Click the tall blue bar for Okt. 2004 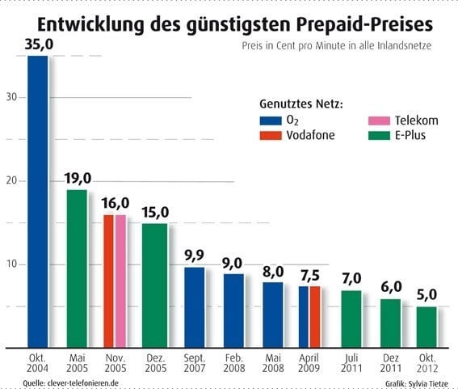coord(38,201)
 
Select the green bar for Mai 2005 coord(77,268)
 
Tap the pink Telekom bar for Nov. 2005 coord(120,281)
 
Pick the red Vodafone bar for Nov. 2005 coord(109,281)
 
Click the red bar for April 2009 coord(315,317)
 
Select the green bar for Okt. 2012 coord(426,328)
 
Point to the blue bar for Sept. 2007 coord(195,307)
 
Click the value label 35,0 coord(39,44)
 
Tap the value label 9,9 coord(194,256)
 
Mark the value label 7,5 coord(310,275)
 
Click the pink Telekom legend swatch coord(379,121)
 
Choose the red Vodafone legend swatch coord(271,135)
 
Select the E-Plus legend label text coord(410,135)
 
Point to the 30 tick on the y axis coord(11,97)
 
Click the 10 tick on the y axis coord(11,264)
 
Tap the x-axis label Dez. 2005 coord(156,363)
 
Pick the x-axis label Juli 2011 coord(351,363)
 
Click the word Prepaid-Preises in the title coord(364,24)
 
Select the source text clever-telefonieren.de coord(82,383)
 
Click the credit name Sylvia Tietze coord(428,383)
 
